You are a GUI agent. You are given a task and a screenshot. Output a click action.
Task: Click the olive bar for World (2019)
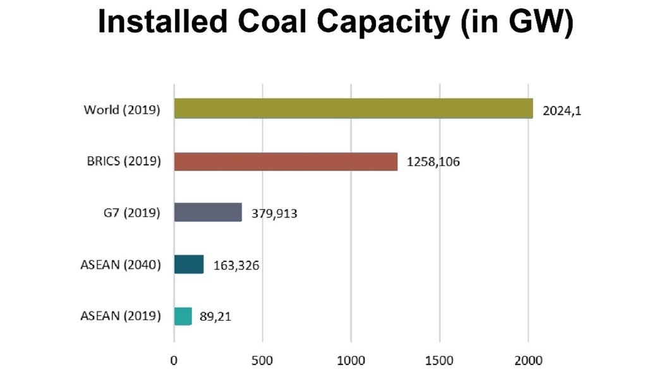(x=353, y=109)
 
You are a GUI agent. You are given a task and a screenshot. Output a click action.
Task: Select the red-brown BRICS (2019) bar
(x=286, y=162)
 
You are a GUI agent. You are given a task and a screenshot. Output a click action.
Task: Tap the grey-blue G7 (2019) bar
(x=208, y=213)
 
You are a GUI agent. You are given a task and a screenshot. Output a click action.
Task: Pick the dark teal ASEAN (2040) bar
(x=189, y=265)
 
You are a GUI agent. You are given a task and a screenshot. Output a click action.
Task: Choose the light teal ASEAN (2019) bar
(x=183, y=316)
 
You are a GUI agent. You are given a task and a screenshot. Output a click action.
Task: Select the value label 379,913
(x=275, y=213)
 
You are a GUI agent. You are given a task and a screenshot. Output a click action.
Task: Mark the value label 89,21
(x=215, y=316)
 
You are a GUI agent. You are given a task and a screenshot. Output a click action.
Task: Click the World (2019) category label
(x=122, y=110)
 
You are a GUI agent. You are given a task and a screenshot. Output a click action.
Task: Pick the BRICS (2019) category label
(x=124, y=162)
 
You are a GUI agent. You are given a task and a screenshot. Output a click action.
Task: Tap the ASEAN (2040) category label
(x=120, y=265)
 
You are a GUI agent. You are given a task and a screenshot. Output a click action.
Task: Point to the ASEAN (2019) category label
(x=120, y=316)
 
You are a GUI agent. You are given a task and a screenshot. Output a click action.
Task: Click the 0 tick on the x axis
(x=174, y=361)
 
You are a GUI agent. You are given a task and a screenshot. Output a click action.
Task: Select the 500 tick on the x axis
(x=262, y=361)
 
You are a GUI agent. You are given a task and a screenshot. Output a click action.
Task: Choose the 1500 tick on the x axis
(x=440, y=361)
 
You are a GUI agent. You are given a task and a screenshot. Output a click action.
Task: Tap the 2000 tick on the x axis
(x=528, y=361)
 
